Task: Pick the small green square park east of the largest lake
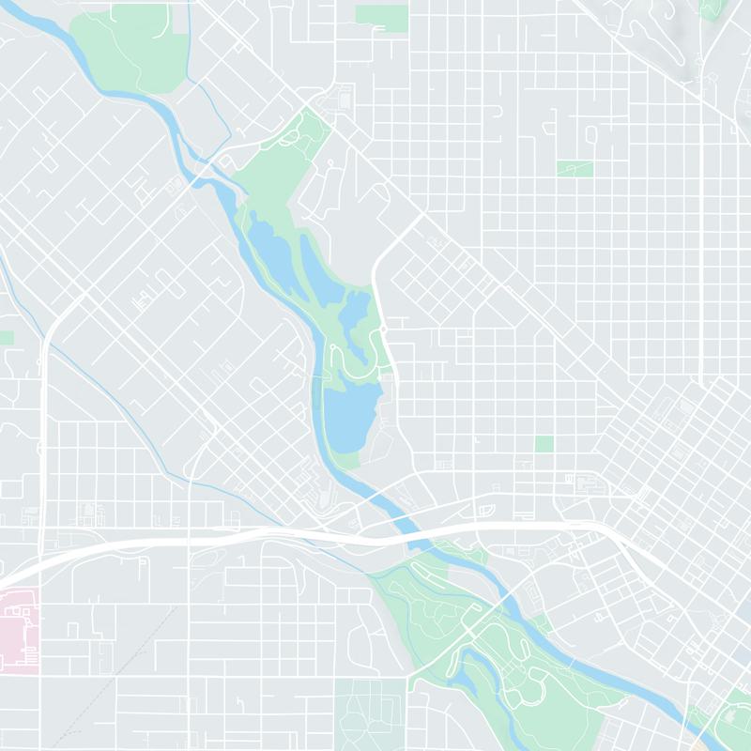(544, 443)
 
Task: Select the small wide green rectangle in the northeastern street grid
(575, 169)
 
